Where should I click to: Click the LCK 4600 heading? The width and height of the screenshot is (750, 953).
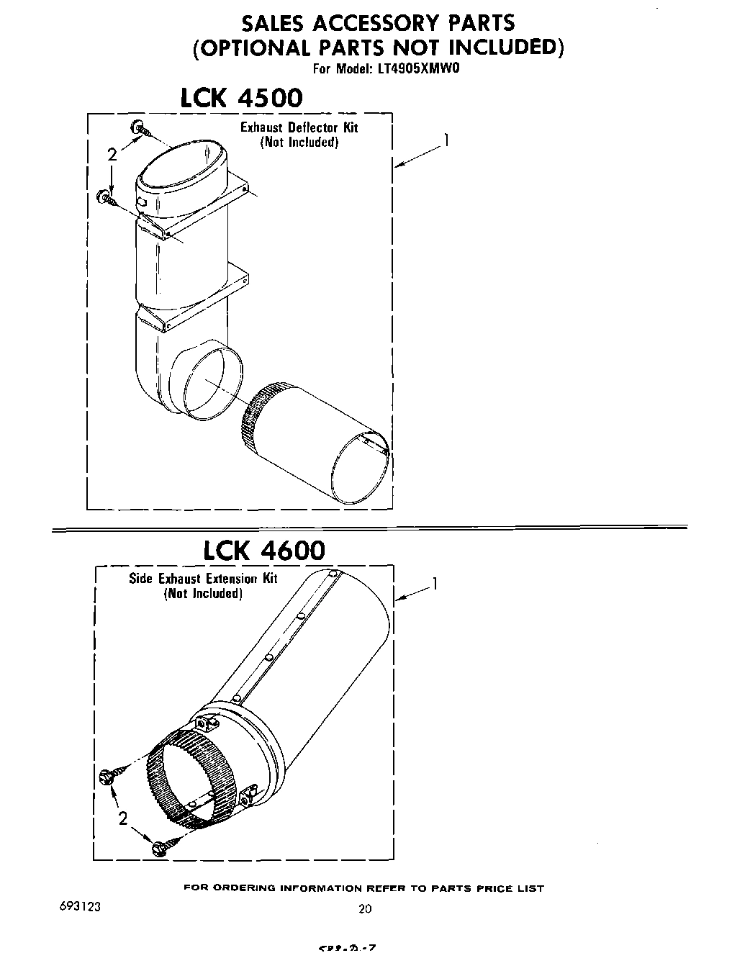click(x=263, y=551)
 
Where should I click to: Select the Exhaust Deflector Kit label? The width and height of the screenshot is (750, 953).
click(x=299, y=128)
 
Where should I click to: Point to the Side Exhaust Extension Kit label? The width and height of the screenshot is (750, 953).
click(x=203, y=579)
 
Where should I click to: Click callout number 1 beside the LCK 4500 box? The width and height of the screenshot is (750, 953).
click(x=446, y=141)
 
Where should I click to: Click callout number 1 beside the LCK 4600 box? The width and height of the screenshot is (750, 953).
click(x=434, y=584)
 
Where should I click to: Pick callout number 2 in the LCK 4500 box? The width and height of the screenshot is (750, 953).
click(x=111, y=154)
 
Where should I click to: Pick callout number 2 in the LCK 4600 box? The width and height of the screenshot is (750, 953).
click(x=123, y=818)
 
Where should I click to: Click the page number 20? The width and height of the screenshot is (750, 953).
click(x=365, y=908)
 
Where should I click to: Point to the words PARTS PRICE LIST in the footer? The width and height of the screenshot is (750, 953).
click(x=487, y=888)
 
